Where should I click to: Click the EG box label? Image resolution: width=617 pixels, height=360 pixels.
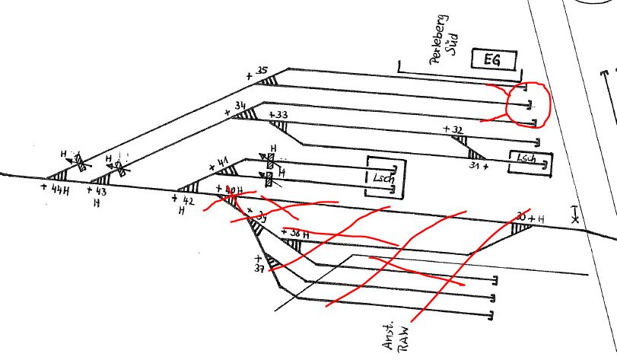493,59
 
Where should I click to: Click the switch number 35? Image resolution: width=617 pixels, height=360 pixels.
262,72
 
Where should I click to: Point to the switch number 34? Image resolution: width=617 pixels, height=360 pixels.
240,105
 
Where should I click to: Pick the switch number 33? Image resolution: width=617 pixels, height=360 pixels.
281,115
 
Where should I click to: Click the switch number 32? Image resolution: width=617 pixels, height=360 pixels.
456,130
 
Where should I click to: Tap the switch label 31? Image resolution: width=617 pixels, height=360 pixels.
477,165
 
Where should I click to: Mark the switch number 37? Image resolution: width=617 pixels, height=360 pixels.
259,269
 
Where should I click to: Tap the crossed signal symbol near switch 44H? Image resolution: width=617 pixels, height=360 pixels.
78,161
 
